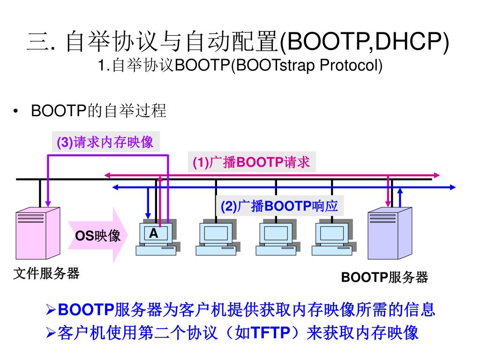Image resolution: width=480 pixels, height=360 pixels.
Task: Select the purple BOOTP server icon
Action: (x=390, y=233)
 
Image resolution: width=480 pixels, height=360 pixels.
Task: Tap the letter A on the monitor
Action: (x=153, y=233)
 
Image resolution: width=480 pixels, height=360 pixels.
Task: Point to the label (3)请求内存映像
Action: (x=105, y=142)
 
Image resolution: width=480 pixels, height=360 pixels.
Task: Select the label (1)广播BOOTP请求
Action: (x=252, y=162)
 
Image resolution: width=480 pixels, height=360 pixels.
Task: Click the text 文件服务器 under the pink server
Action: (x=46, y=273)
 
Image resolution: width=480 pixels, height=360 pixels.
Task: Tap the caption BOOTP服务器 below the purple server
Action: (x=384, y=277)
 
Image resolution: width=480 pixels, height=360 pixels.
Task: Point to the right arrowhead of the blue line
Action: (x=452, y=187)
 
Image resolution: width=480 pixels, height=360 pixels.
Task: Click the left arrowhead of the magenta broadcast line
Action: (x=107, y=175)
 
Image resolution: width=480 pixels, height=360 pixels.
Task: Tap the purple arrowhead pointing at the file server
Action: (x=48, y=203)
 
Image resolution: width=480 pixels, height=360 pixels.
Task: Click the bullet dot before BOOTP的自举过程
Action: (x=16, y=112)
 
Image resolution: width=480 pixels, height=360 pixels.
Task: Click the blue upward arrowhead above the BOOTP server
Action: (x=400, y=190)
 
